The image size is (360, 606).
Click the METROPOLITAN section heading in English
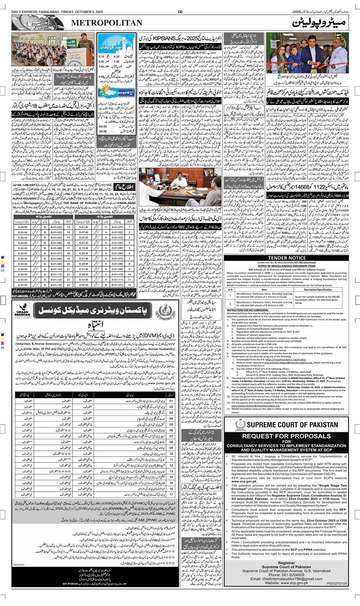pyautogui.click(x=107, y=23)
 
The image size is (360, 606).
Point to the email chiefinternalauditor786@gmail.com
pyautogui.click(x=291, y=588)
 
